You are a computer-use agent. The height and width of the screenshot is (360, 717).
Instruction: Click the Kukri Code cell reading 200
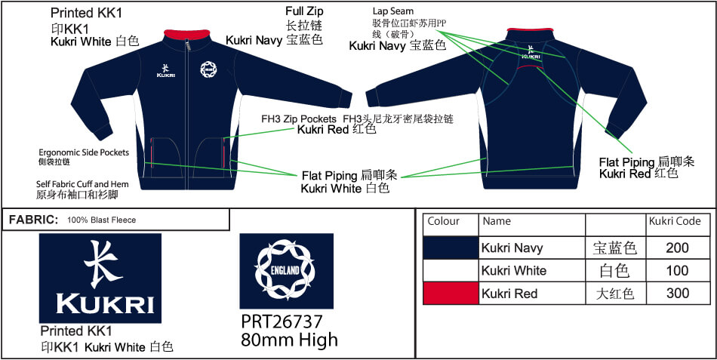click(678, 248)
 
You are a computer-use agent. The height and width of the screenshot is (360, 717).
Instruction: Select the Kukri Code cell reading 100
click(678, 271)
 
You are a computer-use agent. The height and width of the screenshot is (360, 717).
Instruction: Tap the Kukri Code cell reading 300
click(678, 294)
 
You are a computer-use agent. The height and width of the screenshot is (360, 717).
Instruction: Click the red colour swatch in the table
click(451, 294)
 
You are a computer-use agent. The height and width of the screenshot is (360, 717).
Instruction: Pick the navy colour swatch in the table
click(451, 248)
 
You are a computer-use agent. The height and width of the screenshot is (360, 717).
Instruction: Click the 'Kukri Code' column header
click(675, 221)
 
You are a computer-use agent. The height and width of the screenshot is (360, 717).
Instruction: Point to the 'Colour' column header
click(443, 221)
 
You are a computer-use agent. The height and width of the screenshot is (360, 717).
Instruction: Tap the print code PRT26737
click(282, 322)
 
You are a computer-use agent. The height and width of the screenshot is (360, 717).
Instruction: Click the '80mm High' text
click(290, 340)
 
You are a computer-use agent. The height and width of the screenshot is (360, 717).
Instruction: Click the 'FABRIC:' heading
click(34, 220)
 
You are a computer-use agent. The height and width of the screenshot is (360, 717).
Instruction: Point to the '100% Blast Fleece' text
click(102, 220)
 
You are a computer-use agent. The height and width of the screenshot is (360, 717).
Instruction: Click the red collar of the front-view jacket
click(186, 35)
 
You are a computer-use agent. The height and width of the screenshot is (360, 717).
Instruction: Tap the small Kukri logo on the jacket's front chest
click(165, 70)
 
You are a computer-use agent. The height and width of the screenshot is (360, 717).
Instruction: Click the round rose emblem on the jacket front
click(208, 69)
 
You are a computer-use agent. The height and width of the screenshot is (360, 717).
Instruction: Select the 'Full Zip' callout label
click(305, 11)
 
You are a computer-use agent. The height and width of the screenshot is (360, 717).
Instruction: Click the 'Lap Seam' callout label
click(392, 11)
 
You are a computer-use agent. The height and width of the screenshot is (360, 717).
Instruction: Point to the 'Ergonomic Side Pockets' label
click(84, 152)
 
